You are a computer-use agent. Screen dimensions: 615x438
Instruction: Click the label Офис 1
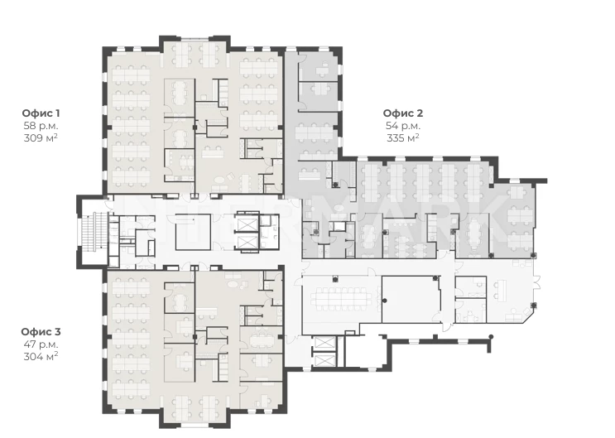pos(41,113)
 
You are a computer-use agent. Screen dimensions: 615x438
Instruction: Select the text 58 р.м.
pos(41,126)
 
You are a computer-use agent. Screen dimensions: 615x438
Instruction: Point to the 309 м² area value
pos(41,138)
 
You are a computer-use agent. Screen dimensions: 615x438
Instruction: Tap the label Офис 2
pos(403,113)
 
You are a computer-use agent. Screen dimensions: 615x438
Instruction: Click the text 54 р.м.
pos(403,126)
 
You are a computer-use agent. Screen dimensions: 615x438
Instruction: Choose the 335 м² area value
pos(403,138)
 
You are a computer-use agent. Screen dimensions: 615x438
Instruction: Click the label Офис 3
pos(41,332)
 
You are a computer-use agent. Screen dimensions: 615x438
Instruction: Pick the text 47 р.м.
pos(41,344)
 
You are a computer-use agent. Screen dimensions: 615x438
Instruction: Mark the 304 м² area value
pos(41,357)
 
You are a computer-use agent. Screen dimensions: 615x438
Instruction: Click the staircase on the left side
pos(94,231)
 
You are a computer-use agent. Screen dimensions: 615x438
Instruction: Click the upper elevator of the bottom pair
pos(324,343)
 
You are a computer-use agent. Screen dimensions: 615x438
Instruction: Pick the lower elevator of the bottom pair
pos(324,360)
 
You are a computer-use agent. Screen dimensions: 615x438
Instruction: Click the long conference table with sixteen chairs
pos(342,299)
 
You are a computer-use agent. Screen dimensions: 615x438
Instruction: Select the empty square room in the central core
pos(193,232)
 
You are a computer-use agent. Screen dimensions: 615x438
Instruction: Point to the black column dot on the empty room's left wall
pos(385,301)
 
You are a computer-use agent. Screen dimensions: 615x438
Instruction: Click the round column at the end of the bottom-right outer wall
pos(491,337)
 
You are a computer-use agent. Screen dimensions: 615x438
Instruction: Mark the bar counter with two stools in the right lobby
pos(501,290)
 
